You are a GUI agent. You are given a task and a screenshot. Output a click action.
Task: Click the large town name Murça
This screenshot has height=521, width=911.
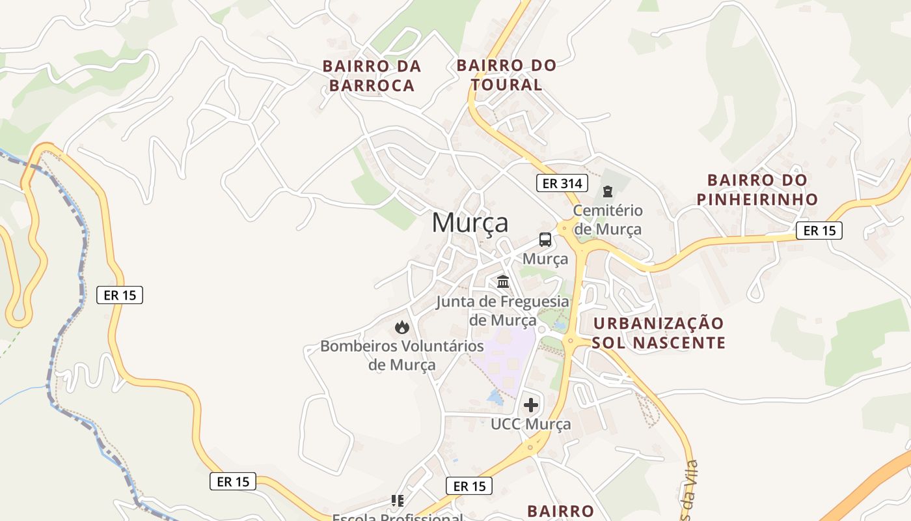[470, 223]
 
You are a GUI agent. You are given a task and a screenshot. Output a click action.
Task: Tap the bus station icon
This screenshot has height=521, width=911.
[545, 239]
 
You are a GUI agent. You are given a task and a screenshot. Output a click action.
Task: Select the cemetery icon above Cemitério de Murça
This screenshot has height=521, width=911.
[608, 191]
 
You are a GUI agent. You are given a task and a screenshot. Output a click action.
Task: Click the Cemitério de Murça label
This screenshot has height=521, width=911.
[608, 220]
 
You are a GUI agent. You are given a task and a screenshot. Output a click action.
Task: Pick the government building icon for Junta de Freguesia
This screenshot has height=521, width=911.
[503, 282]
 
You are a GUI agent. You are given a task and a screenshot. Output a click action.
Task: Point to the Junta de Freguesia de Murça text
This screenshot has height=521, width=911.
[502, 311]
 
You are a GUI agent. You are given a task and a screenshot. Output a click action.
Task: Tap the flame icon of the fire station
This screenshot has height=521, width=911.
[402, 326]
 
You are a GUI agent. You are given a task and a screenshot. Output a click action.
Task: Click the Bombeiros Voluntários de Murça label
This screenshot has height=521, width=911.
[402, 355]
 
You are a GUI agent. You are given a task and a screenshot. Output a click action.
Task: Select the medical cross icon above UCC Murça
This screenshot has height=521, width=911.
[531, 405]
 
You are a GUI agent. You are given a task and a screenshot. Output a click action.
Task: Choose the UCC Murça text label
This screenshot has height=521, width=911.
[531, 425]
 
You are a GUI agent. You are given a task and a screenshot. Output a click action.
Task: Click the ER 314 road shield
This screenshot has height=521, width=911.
[562, 183]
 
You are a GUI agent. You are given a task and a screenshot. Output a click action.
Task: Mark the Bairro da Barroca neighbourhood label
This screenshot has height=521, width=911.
[372, 76]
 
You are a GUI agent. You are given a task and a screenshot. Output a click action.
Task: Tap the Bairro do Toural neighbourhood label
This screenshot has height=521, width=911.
[506, 75]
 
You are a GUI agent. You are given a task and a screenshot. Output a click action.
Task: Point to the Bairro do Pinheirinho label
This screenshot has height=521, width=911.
[757, 189]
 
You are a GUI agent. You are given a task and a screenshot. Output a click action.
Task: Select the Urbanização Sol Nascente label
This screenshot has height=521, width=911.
[659, 333]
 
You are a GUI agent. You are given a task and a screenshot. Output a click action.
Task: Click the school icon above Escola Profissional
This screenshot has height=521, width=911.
[398, 501]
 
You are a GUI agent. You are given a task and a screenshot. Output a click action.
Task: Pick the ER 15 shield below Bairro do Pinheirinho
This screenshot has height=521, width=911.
[819, 230]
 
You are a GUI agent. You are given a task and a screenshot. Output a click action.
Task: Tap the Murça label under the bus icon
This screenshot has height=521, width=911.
[545, 259]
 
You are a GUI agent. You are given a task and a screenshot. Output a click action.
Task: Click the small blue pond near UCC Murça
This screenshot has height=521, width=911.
[495, 397]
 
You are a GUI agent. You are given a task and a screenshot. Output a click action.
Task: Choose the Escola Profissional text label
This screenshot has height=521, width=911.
[398, 517]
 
